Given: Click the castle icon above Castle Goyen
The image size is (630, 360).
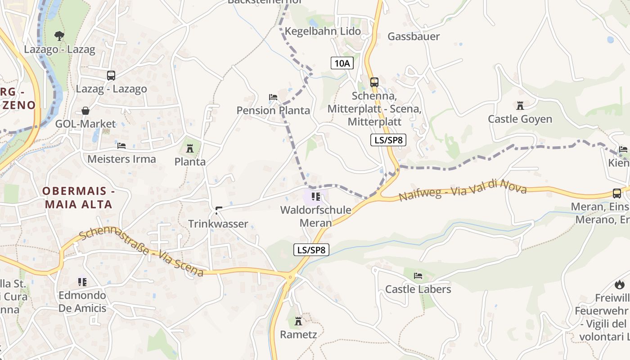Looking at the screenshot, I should tap(520, 106).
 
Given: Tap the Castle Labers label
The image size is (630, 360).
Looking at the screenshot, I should tap(418, 289).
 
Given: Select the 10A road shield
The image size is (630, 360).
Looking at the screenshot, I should tap(342, 63).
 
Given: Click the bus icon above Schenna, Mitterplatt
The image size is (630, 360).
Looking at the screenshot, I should tap(374, 82).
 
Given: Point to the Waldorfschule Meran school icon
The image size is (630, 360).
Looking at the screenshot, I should tap(316, 196).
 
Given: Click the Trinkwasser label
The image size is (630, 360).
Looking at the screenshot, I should tap(218, 224).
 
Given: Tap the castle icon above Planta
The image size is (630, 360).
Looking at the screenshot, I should tap(190, 148).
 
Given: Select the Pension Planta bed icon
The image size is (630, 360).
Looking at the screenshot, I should tap(273, 97).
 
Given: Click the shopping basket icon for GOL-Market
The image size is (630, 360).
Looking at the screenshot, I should tap(85, 111).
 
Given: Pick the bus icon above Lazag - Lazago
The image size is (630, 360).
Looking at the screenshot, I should tap(111, 76).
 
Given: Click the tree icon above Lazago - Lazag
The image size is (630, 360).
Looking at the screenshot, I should tap(59, 36).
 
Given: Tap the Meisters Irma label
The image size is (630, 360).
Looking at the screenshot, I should tap(121, 159).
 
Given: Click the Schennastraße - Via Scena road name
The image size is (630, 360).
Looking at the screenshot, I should tap(141, 252).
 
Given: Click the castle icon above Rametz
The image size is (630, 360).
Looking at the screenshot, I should tap(298, 321).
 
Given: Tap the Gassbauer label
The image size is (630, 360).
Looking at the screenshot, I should tap(414, 36).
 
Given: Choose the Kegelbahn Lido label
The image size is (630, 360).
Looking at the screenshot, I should tap(323, 31).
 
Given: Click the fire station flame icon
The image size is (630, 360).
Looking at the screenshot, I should tap(619, 284).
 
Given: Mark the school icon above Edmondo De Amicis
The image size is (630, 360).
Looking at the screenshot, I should tap(82, 282).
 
